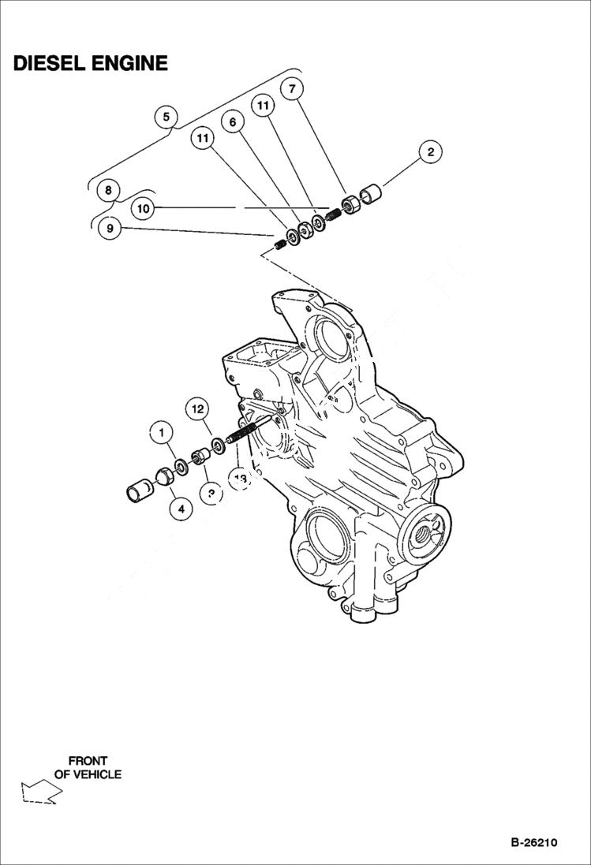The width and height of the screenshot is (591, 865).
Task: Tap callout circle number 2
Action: pos(430,152)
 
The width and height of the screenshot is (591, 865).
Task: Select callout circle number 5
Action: pos(166,117)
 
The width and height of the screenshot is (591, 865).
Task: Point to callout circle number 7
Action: pos(292,88)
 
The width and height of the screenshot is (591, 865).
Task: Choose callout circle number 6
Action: pos(233,121)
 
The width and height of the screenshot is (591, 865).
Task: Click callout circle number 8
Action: pos(107,190)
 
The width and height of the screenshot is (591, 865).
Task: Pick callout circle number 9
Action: pos(110,229)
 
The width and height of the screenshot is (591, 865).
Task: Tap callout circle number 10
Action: pos(142,209)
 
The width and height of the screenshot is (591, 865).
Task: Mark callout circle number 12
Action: pos(197,408)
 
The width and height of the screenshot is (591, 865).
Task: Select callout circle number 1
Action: pos(162,432)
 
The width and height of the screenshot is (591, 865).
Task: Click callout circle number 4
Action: pos(181,509)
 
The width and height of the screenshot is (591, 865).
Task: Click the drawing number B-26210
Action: pos(533,842)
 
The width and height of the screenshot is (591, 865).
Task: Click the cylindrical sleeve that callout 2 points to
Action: pos(371,193)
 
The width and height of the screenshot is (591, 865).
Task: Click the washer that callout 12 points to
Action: pos(219,445)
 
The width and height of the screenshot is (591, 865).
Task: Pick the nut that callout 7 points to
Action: pos(352,203)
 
